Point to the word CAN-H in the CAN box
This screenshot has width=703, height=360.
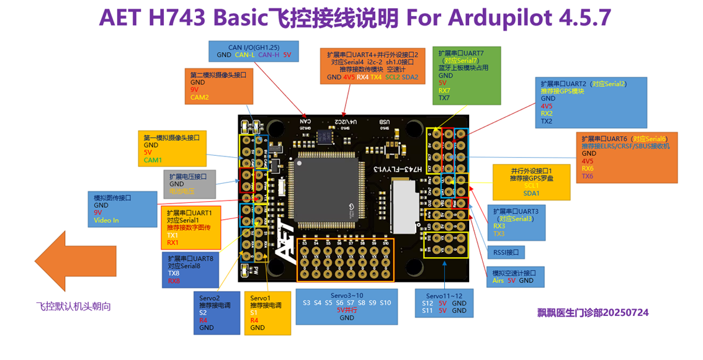pos(269,55)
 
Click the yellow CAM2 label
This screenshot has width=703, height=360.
pos(200,98)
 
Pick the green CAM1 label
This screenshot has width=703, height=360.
pos(153,160)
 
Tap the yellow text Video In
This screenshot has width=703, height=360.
pos(106,220)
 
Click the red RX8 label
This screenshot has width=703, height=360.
pos(174,281)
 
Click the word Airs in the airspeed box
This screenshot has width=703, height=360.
pos(498,281)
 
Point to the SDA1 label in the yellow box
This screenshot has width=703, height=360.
pos(532,194)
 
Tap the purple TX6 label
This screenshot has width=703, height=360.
pos(588,177)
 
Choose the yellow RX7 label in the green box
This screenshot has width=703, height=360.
pos(444,91)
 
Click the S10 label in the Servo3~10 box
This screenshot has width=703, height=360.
pos(385,303)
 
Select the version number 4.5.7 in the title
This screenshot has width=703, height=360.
pos(584,17)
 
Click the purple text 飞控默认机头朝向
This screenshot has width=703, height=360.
pos(73,306)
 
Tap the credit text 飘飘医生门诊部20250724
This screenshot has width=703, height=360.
pos(593,313)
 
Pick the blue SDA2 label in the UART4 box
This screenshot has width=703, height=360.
pos(410,78)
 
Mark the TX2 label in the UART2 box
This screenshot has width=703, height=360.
pos(547,122)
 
